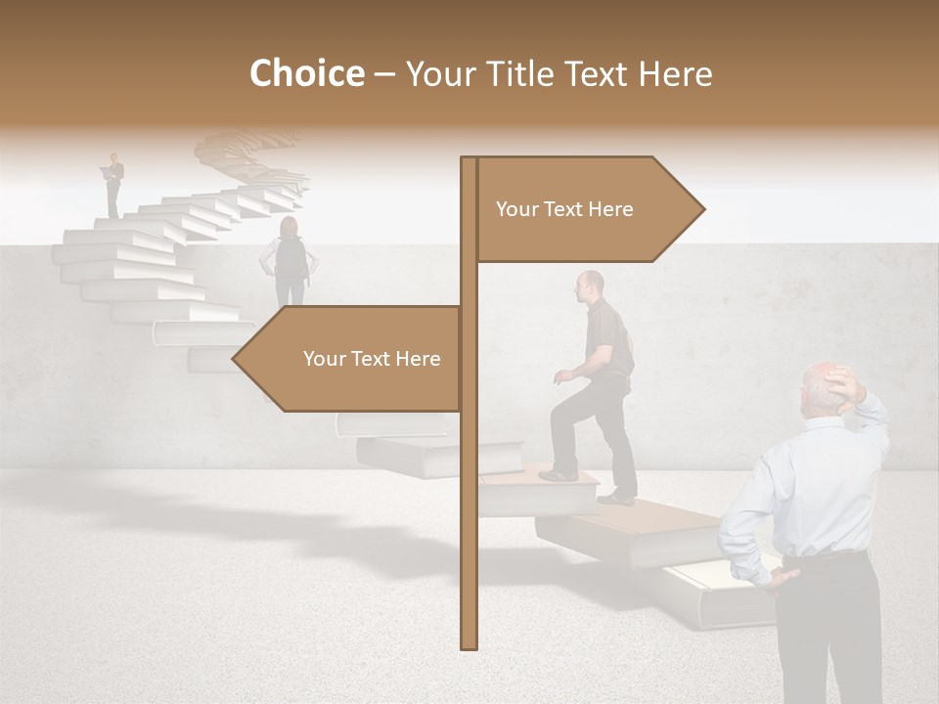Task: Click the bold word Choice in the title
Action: coord(306,73)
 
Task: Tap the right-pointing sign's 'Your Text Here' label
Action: coord(564,209)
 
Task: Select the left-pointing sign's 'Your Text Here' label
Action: coord(372,359)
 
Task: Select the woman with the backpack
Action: coord(290,260)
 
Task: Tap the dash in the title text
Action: coord(384,74)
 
